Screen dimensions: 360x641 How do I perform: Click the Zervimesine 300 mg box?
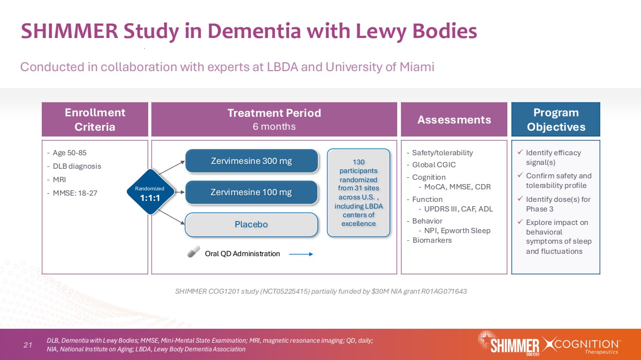pyautogui.click(x=251, y=161)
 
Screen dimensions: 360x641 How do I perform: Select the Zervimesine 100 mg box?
pyautogui.click(x=251, y=192)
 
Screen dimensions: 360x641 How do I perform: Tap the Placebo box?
pyautogui.click(x=251, y=224)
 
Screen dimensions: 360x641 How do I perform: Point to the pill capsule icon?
pyautogui.click(x=194, y=253)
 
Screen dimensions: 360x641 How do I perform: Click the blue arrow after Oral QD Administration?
pyautogui.click(x=302, y=254)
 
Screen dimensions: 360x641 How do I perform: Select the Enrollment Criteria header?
pyautogui.click(x=95, y=119)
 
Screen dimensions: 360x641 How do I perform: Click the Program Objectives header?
pyautogui.click(x=555, y=119)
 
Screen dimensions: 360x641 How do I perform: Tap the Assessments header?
pyautogui.click(x=454, y=120)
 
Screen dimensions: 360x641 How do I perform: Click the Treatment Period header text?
pyautogui.click(x=274, y=113)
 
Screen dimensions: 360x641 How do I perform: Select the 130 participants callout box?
pyautogui.click(x=358, y=192)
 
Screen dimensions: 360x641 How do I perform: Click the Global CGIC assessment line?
pyautogui.click(x=434, y=164)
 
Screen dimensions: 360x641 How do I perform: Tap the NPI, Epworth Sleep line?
pyautogui.click(x=457, y=231)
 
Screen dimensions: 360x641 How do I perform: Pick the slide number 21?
pyautogui.click(x=27, y=345)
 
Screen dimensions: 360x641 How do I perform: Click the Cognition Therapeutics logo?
pyautogui.click(x=582, y=345)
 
